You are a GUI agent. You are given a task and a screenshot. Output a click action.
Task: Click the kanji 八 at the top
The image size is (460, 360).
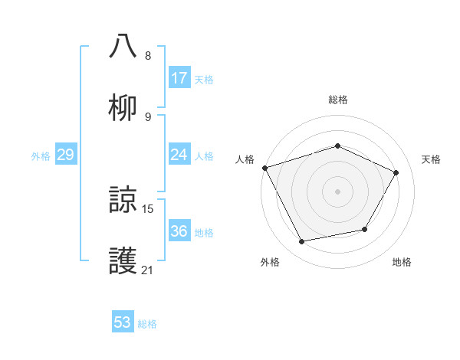(123, 45)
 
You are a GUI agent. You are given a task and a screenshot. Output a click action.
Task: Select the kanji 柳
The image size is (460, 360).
(123, 106)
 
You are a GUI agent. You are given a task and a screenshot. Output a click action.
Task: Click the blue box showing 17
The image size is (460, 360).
(179, 78)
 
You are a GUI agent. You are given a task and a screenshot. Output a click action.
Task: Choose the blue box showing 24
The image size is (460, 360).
(179, 155)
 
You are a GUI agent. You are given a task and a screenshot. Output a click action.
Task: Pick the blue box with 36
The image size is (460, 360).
(179, 231)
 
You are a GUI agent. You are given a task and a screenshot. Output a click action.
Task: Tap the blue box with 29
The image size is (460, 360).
(65, 155)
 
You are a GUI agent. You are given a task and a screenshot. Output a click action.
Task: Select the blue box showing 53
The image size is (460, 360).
(123, 322)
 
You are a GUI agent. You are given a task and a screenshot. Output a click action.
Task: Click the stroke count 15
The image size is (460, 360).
(148, 208)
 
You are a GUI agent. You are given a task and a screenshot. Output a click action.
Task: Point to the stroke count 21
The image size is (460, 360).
(148, 270)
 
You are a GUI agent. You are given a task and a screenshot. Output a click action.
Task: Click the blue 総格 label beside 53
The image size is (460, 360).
(147, 324)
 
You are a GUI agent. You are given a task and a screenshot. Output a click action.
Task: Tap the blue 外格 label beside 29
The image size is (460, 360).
(41, 156)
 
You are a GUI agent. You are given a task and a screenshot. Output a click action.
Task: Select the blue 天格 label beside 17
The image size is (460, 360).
(204, 80)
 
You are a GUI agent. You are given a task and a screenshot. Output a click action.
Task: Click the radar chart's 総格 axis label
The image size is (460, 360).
(337, 100)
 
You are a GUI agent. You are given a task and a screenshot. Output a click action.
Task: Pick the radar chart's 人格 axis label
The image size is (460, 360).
(245, 159)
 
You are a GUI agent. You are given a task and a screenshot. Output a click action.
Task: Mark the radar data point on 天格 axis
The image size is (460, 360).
(396, 172)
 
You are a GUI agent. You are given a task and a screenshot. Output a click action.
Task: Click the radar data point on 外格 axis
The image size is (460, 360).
(301, 242)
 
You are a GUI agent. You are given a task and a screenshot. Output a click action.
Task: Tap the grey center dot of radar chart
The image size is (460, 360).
(337, 191)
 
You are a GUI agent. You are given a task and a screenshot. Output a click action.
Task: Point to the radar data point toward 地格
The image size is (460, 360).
(365, 229)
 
